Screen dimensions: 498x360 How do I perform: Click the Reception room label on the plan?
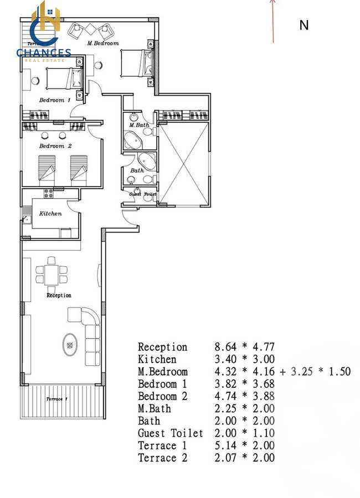[x=59, y=295]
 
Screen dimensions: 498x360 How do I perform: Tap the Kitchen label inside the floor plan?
[x=50, y=214]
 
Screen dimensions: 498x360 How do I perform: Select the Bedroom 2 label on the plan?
[x=55, y=146]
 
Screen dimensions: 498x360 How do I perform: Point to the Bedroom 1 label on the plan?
[x=54, y=100]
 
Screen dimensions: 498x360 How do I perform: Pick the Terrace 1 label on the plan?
[x=56, y=399]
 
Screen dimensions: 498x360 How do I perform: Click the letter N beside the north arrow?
[x=304, y=25]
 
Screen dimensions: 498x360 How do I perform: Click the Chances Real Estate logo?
[x=44, y=30]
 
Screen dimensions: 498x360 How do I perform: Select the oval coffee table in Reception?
[x=70, y=346]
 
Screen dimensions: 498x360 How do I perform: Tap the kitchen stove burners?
[x=48, y=194]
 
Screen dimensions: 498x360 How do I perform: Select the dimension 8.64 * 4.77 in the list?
[x=244, y=347]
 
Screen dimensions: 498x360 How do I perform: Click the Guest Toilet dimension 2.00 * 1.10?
[x=244, y=433]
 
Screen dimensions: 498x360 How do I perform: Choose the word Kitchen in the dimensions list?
[x=157, y=359]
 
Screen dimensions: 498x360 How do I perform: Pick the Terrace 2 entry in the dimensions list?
[x=162, y=458]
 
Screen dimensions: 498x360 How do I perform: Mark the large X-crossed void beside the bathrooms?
[x=183, y=164]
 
